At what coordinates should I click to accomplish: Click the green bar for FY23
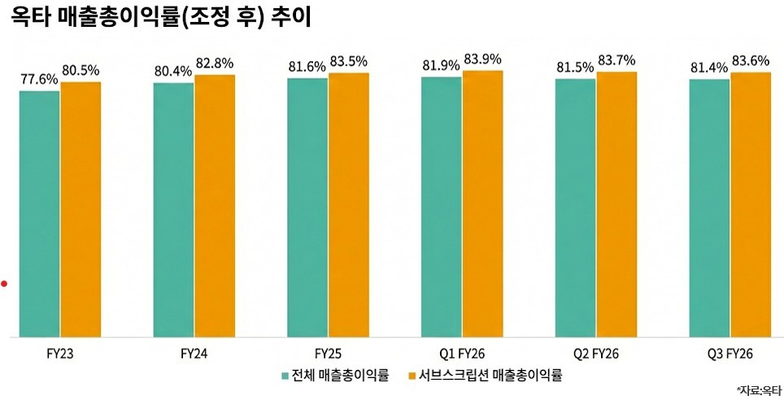(x=39, y=213)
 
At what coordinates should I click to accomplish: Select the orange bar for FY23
(x=81, y=209)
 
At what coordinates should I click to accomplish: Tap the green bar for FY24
(x=173, y=209)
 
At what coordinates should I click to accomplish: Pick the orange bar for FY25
(x=348, y=204)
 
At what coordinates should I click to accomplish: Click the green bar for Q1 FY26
(x=441, y=207)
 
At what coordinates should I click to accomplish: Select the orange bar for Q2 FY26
(x=616, y=204)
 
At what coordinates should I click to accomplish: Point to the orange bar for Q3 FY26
(x=751, y=204)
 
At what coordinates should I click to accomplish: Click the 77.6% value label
(x=39, y=80)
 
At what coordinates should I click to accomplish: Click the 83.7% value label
(x=616, y=61)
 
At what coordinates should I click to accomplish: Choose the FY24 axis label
(x=194, y=354)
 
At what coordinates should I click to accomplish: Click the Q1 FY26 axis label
(x=461, y=354)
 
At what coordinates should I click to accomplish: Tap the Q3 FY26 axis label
(x=730, y=354)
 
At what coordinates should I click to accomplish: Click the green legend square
(x=285, y=376)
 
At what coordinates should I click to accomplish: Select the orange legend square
(x=412, y=376)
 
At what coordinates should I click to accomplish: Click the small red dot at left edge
(x=4, y=284)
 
